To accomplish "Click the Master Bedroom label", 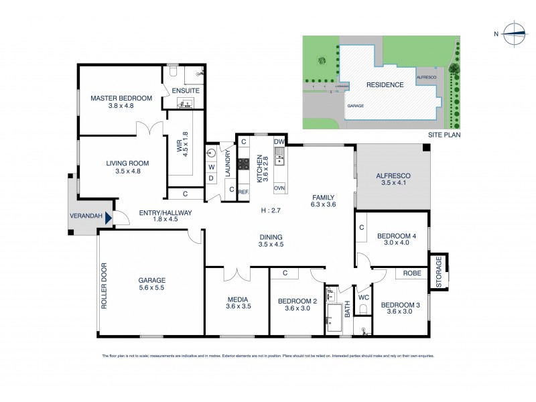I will pyautogui.click(x=121, y=98).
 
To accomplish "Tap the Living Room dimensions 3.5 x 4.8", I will pyautogui.click(x=127, y=172).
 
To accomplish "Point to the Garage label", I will pyautogui.click(x=151, y=280).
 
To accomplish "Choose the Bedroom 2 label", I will pyautogui.click(x=296, y=301).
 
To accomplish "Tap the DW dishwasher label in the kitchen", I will pyautogui.click(x=279, y=142).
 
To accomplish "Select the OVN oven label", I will pyautogui.click(x=279, y=188).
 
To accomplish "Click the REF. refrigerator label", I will pyautogui.click(x=244, y=190).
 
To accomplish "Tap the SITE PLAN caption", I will pyautogui.click(x=444, y=135).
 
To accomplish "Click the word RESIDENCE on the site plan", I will pyautogui.click(x=385, y=85).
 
